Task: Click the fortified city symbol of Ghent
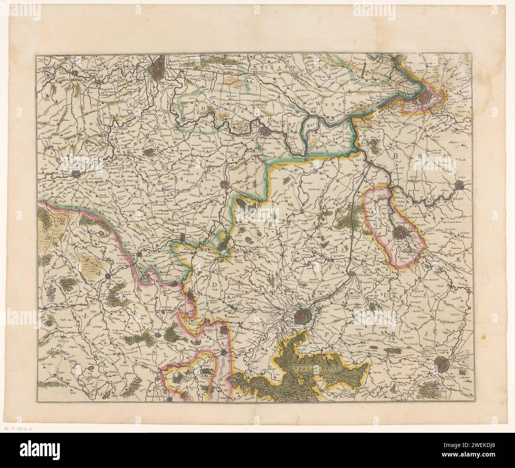click(158, 71)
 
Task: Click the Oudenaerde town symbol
click(76, 173)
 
